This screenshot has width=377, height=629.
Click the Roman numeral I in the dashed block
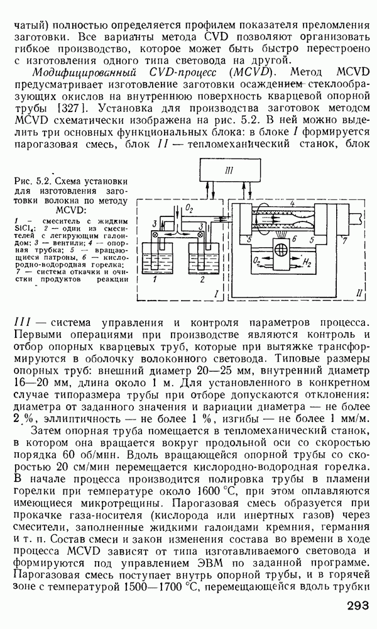216,293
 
